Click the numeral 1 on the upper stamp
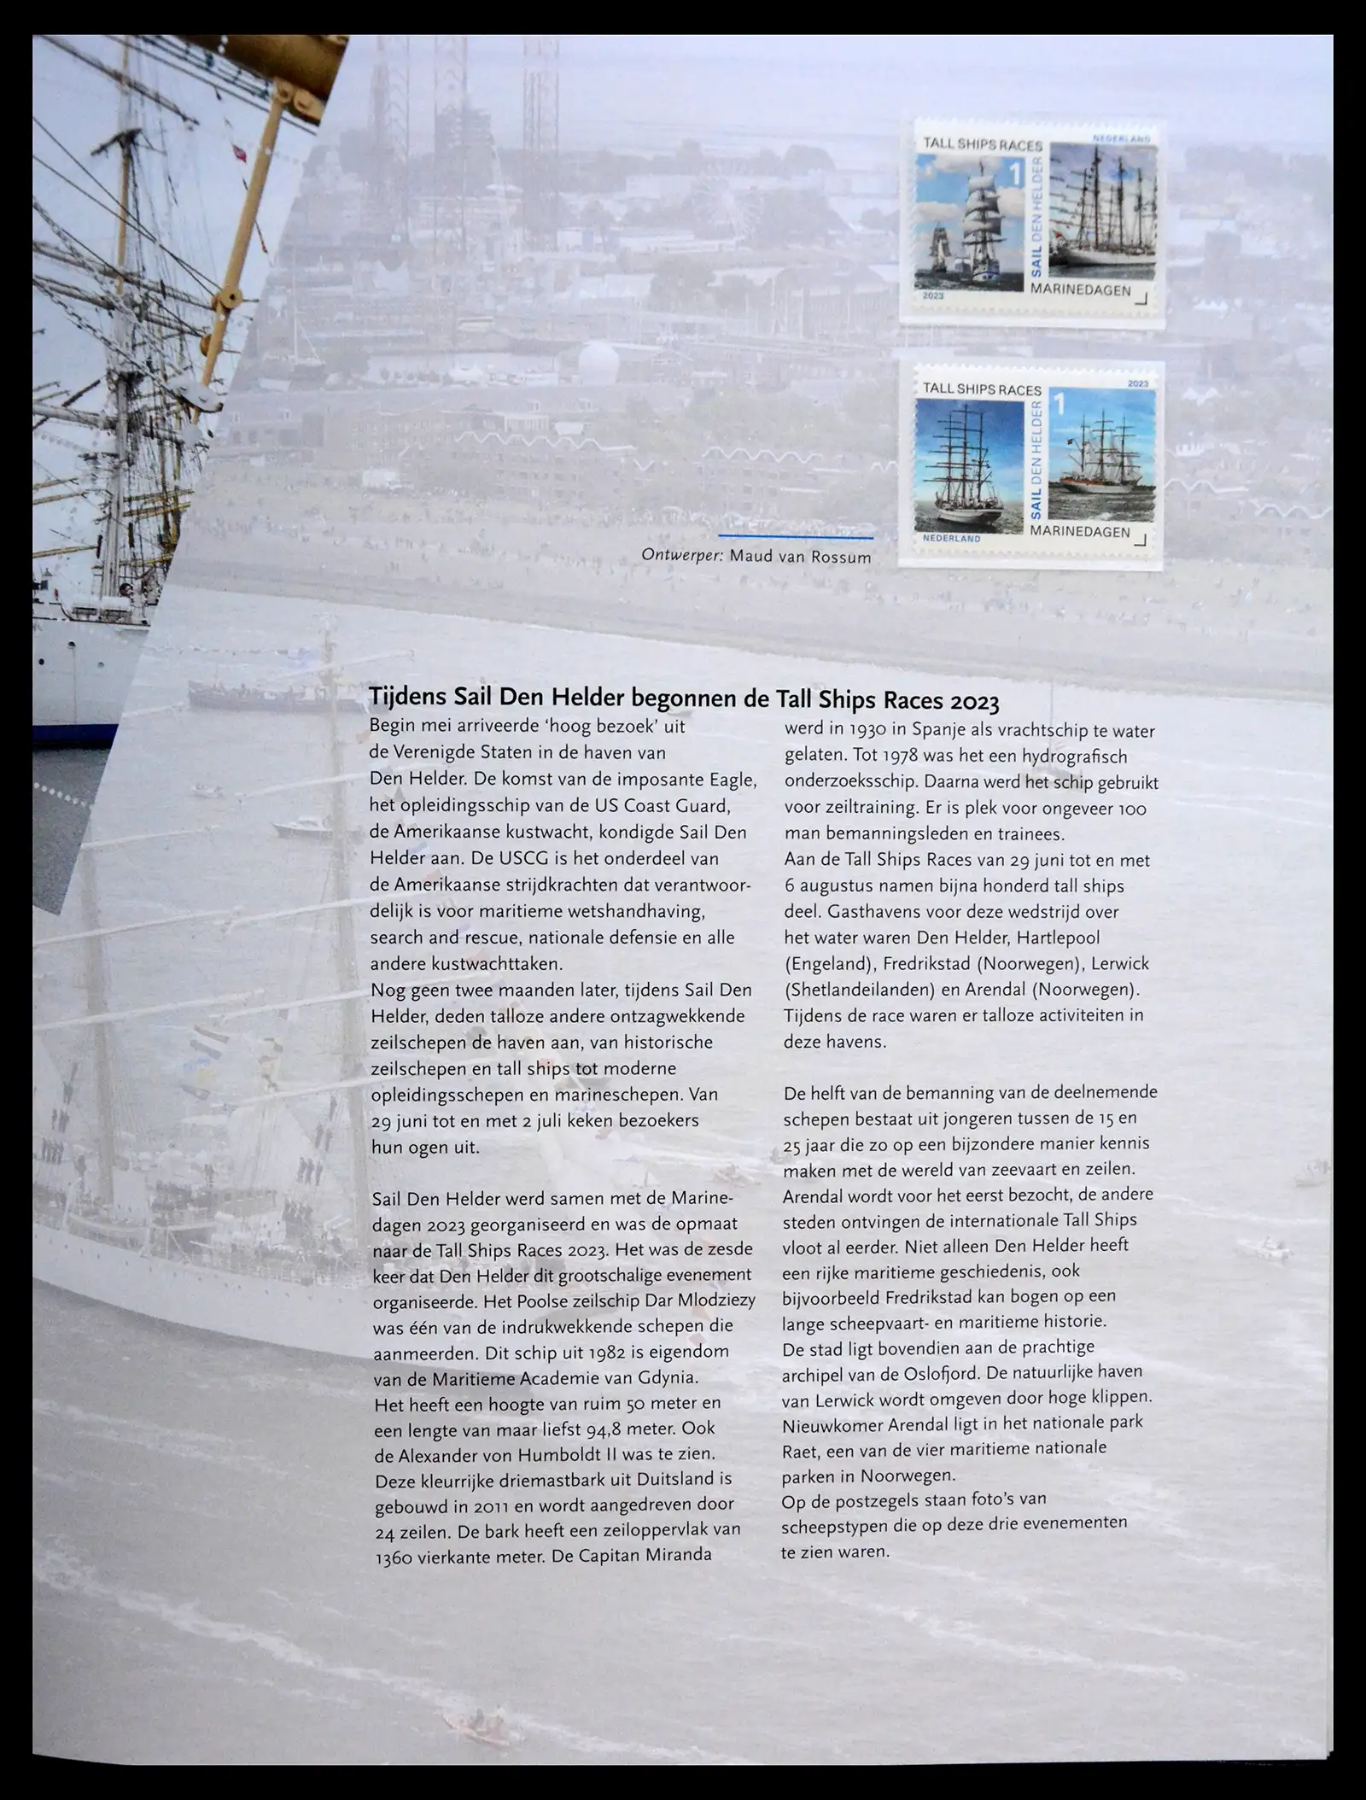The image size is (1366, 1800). click(1015, 174)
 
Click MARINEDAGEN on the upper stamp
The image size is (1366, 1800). click(1080, 290)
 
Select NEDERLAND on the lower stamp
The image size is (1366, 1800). click(952, 539)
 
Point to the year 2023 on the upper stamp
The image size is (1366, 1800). click(934, 295)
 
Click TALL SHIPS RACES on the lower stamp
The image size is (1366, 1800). click(982, 389)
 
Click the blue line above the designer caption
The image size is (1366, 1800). click(796, 537)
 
